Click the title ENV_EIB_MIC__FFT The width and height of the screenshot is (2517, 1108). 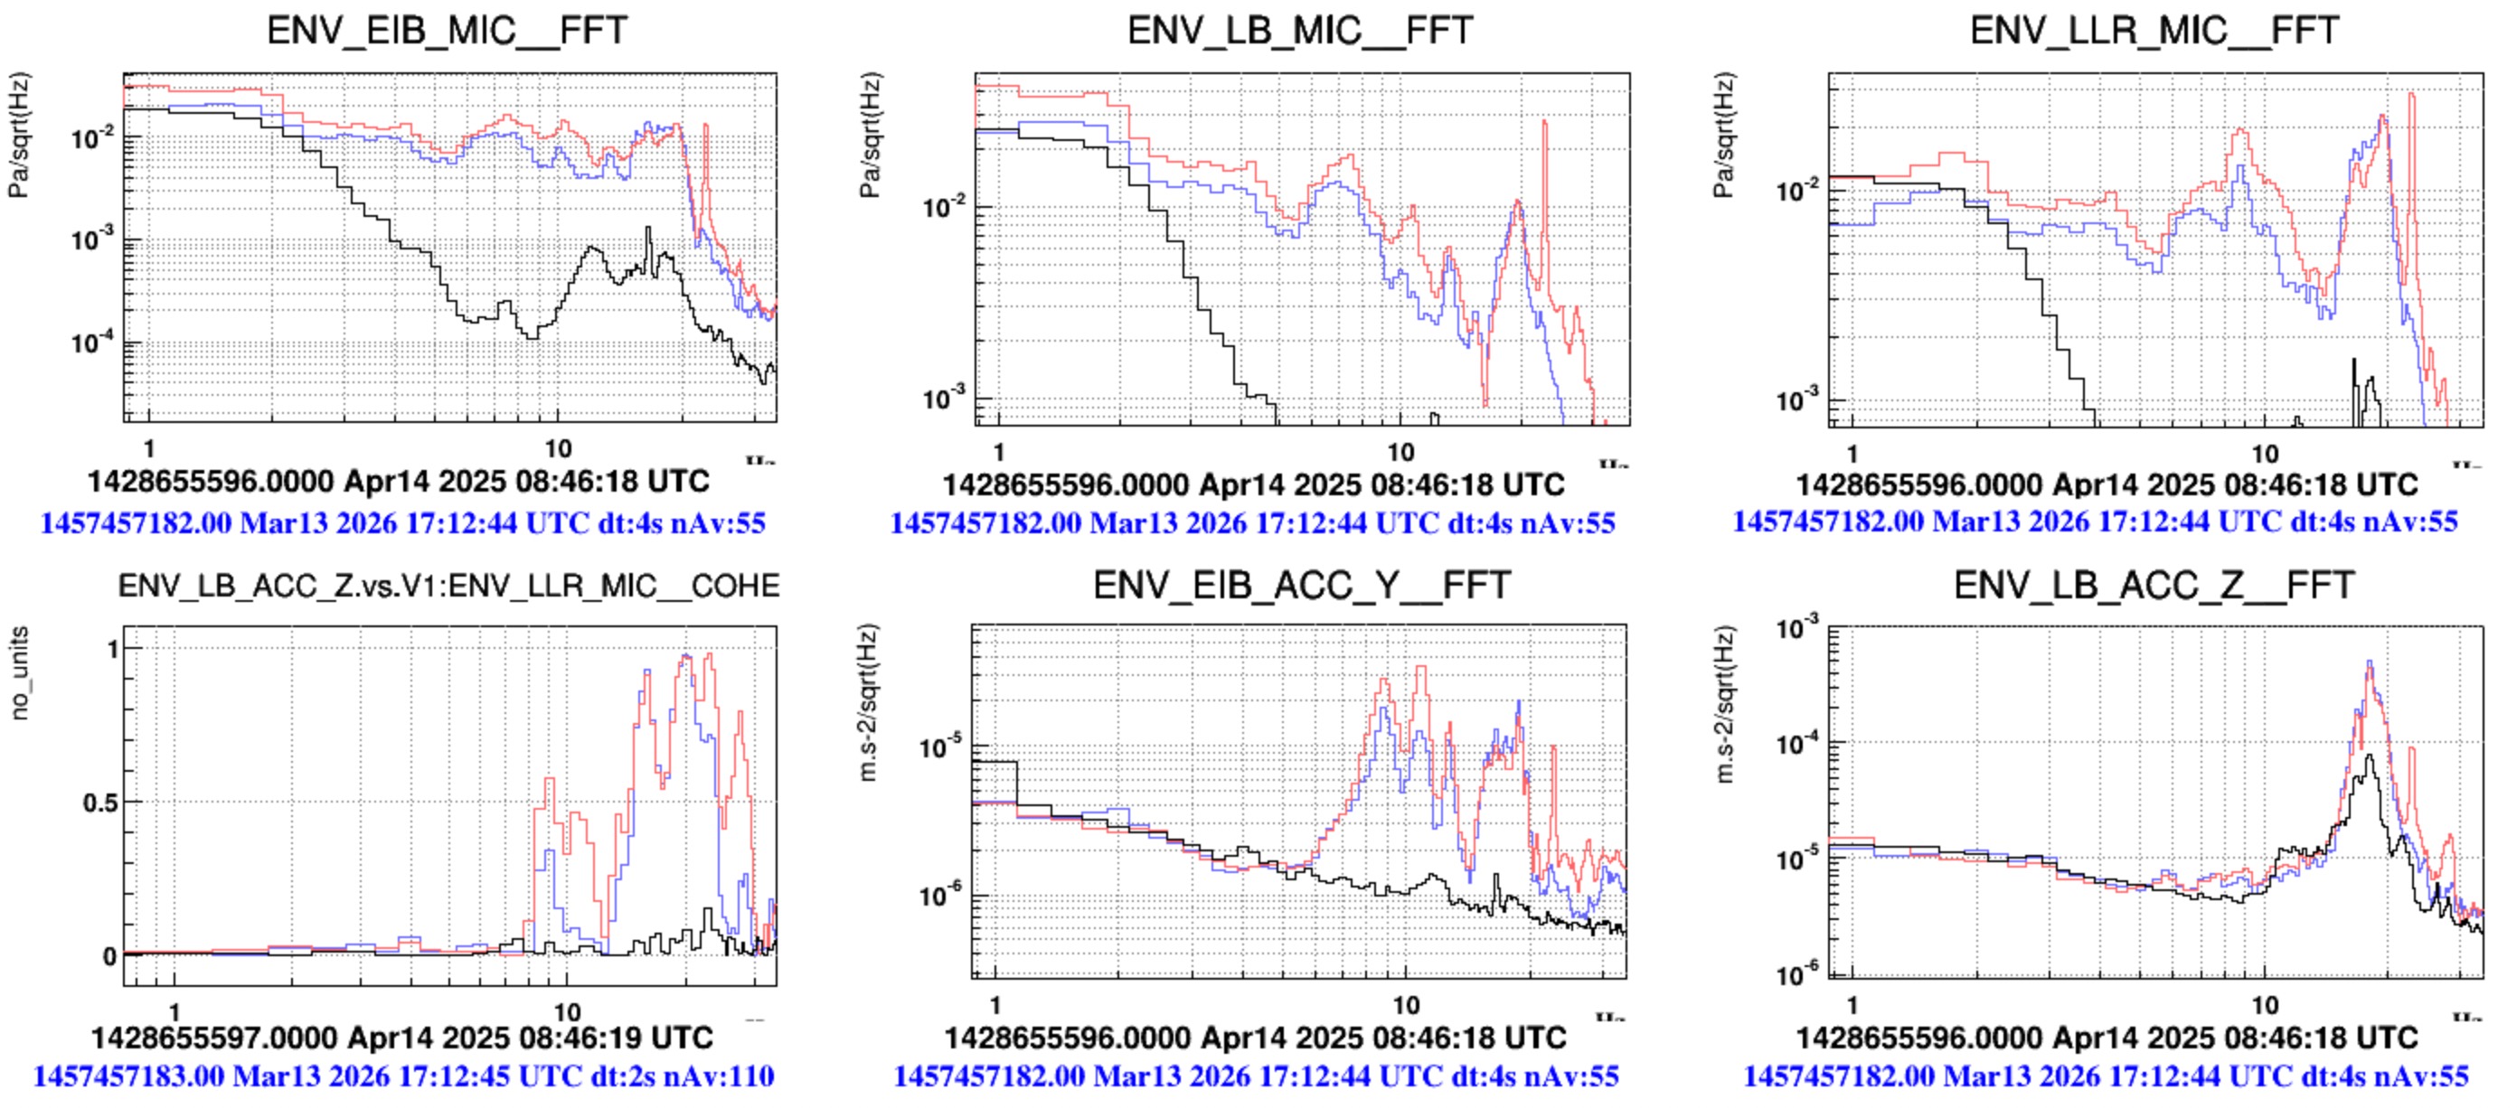pos(447,32)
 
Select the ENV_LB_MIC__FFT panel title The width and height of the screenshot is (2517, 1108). pos(1299,32)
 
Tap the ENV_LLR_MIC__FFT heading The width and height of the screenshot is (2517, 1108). pos(2154,32)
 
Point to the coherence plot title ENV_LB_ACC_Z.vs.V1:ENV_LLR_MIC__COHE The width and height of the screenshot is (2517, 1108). pos(448,587)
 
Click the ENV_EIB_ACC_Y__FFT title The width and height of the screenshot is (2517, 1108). pos(1302,586)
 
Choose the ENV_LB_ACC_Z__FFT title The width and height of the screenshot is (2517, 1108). pos(2154,586)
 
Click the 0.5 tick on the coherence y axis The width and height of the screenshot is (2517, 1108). pos(100,803)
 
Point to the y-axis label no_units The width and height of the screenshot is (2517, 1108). pos(20,674)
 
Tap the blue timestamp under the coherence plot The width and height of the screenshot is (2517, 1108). pos(403,1076)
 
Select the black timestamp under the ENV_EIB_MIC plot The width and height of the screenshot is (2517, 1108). pos(399,482)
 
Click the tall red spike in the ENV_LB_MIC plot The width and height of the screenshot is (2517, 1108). pos(1545,122)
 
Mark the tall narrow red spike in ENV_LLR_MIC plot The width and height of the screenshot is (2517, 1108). pos(2411,96)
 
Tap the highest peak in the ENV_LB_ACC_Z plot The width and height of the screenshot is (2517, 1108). pos(2369,663)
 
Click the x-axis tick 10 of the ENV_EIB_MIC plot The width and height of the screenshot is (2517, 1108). pos(557,449)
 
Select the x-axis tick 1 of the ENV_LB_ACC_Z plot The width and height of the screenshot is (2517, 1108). pos(1852,1004)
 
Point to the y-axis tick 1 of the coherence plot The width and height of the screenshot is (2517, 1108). pos(113,649)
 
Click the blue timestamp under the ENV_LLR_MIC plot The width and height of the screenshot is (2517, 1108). pos(2094,521)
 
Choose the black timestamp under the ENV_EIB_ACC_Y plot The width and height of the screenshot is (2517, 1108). pos(1255,1037)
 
